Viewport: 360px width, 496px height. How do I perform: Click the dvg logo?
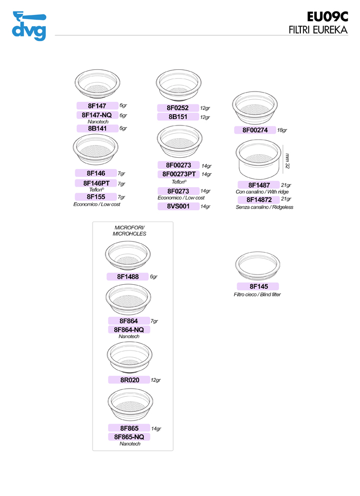tap(28, 25)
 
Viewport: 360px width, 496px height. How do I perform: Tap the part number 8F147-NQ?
tap(97, 115)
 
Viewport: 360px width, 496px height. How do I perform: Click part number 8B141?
tap(97, 128)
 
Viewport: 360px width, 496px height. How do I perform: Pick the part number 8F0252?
tap(178, 108)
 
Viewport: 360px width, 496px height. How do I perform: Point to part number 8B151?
tap(178, 117)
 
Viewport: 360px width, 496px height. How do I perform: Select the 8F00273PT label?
tap(178, 174)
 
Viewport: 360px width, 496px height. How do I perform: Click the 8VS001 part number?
tap(178, 206)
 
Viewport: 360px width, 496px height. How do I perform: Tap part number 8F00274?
tap(255, 130)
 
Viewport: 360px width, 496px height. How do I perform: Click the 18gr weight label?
tap(282, 131)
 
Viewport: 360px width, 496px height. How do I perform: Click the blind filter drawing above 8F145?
tap(258, 264)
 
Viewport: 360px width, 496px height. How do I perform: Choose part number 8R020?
tap(129, 380)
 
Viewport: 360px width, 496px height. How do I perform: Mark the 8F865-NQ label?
tap(129, 436)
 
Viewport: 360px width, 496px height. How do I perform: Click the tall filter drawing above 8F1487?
tap(258, 159)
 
